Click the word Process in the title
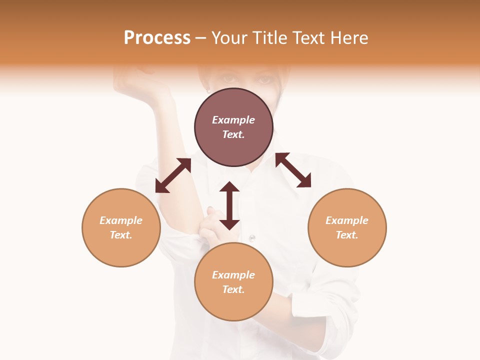[x=157, y=38]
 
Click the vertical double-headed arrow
[x=229, y=205]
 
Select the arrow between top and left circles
[x=173, y=175]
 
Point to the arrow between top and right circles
[x=293, y=170]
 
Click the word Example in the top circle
[x=233, y=120]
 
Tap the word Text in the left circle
[x=121, y=235]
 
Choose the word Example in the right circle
[x=347, y=220]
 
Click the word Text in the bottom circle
[x=233, y=289]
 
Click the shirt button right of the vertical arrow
[x=252, y=237]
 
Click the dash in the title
[x=200, y=38]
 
